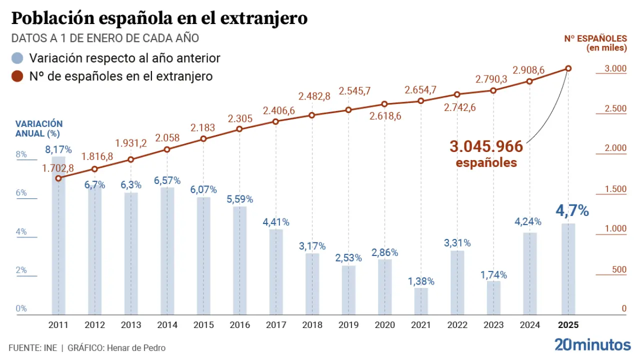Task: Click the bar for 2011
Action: [x=58, y=240]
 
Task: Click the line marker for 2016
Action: [x=239, y=129]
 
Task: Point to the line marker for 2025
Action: [x=568, y=68]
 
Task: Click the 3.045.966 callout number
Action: [x=486, y=146]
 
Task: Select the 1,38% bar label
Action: [x=420, y=281]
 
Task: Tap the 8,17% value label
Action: [x=58, y=149]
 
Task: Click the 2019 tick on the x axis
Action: [x=348, y=325]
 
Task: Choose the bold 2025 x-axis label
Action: [x=568, y=325]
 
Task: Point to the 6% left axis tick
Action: [x=21, y=193]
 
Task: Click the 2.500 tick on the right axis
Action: [x=616, y=109]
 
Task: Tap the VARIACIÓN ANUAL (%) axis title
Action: [x=39, y=128]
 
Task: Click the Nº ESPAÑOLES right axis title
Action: [x=595, y=43]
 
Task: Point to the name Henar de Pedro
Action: [x=135, y=348]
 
